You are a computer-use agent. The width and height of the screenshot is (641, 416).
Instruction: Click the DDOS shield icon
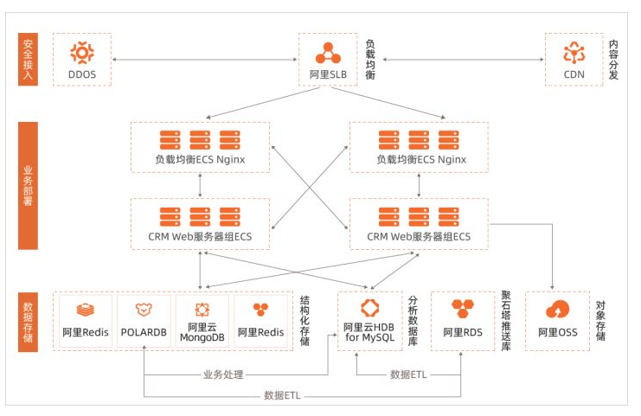82,52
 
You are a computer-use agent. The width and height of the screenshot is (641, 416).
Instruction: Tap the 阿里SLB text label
328,74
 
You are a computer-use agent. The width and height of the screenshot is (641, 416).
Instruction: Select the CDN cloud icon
574,52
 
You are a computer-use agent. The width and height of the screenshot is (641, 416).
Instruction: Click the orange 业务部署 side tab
28,185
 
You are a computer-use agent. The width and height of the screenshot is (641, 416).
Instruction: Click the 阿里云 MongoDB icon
202,309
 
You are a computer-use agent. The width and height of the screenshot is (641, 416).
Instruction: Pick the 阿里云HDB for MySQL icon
369,307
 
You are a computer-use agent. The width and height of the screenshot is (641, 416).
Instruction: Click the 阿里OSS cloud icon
558,310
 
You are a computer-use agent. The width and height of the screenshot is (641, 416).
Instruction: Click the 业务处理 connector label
223,374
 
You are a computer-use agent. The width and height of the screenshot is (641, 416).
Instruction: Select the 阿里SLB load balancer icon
328,52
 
